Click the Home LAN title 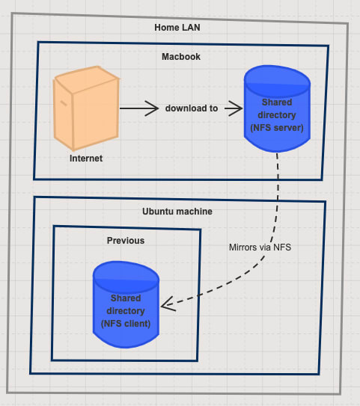coord(177,28)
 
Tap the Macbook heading coord(181,57)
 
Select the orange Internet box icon coord(86,108)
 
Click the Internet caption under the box coord(86,159)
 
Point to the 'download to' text coord(192,108)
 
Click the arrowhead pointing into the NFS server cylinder coord(236,108)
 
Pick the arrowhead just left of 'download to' coord(152,108)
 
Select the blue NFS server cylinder coord(277,108)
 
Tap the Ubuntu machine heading coord(177,212)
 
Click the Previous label coord(126,241)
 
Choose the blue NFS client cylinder coord(126,304)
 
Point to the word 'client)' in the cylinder coord(138,324)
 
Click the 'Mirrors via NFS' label coord(260,247)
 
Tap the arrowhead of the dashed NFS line coord(168,304)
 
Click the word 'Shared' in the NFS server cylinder coord(277,102)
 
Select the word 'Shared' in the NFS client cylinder coord(126,298)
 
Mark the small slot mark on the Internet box coord(64,103)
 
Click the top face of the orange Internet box coord(88,79)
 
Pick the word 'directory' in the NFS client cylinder coord(126,311)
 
